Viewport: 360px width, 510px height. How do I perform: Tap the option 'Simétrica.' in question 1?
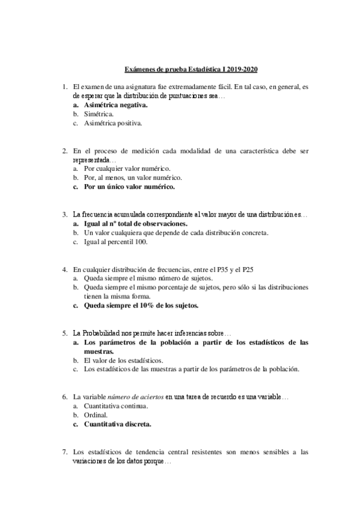click(100, 114)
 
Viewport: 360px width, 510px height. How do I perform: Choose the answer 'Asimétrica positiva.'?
click(113, 123)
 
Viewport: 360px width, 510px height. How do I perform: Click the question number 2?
click(65, 151)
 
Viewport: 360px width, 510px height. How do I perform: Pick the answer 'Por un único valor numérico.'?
click(129, 187)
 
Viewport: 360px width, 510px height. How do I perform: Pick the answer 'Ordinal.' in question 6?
click(96, 415)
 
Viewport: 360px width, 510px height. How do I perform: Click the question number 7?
click(65, 452)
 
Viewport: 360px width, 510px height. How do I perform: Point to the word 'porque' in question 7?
click(157, 461)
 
